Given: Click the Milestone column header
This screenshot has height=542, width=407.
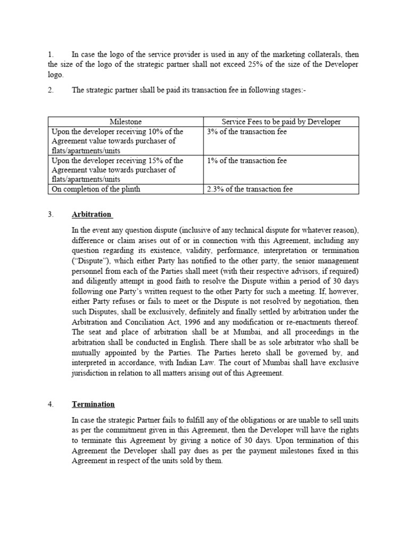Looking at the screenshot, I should tap(126, 122).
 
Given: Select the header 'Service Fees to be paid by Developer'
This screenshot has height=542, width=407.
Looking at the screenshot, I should tap(281, 122).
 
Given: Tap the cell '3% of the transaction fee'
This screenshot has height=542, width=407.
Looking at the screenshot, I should tap(246, 132).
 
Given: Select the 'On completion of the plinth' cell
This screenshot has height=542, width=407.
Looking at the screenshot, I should tap(96, 189).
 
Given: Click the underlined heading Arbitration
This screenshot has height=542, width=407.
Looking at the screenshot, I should tap(92, 214).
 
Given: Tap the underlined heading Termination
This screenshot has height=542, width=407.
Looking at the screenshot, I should tap(93, 404).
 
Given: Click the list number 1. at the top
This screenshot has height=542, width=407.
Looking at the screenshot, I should tap(51, 55).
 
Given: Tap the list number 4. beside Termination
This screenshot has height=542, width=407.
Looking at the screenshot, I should tap(51, 404).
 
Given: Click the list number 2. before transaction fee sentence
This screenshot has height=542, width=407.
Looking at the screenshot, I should tap(51, 90).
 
